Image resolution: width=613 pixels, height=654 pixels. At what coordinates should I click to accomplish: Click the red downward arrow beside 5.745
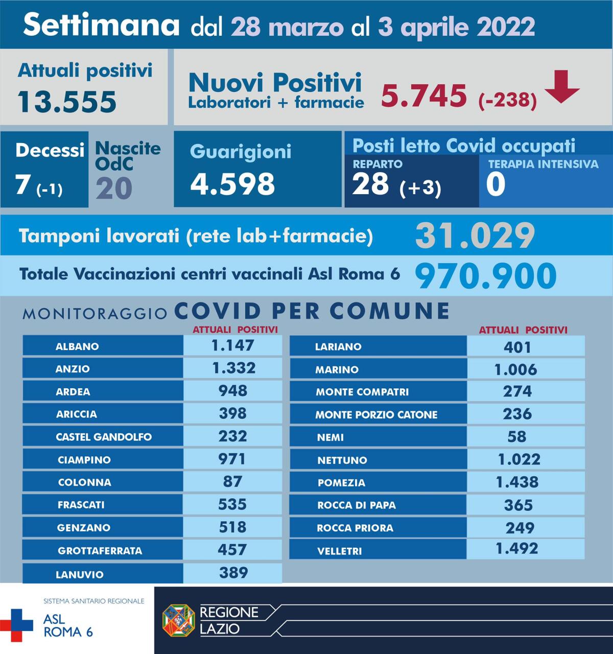pos(562,88)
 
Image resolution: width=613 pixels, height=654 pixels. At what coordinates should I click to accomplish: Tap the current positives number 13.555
pos(67,101)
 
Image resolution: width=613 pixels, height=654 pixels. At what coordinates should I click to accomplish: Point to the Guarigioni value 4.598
pos(232,184)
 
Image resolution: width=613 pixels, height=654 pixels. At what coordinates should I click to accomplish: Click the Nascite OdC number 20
pos(114,188)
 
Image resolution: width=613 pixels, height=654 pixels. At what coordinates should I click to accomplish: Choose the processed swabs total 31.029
pos(475,236)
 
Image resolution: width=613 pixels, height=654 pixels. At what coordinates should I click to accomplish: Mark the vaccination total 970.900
pos(485,276)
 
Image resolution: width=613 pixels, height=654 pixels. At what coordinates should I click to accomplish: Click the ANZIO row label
pos(73,369)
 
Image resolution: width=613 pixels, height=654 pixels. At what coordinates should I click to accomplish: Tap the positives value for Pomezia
pos(517,482)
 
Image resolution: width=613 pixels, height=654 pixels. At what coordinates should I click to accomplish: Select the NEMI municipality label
pos(330,437)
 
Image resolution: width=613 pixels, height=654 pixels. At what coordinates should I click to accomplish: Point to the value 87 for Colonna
pos(233,481)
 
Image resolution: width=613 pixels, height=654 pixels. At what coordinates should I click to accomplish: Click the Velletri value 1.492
pos(517,549)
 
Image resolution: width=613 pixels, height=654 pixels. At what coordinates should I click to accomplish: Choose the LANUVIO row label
pos(79,574)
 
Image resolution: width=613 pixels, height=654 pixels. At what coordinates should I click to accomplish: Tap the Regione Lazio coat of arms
pos(178,620)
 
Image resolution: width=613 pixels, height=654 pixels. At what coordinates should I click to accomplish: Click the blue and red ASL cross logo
pos(16,625)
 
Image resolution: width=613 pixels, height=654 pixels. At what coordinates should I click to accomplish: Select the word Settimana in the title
pos(102,25)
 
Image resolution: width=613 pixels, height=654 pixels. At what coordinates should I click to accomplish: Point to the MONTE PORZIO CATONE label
pos(376,415)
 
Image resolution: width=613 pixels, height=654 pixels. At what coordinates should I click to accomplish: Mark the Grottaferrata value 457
pos(233,550)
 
